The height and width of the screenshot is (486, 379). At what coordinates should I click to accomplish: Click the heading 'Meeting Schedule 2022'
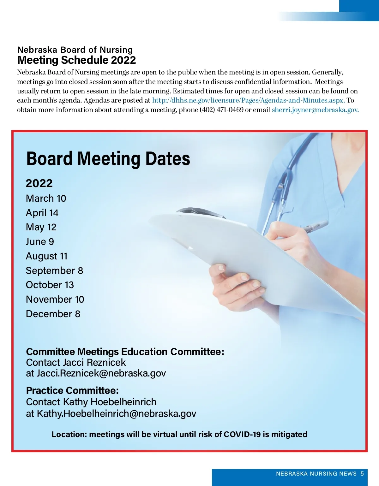coord(76,60)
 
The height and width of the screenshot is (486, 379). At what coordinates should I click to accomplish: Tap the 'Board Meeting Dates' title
coord(108,158)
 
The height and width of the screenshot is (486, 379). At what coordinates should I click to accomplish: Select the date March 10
coord(46,199)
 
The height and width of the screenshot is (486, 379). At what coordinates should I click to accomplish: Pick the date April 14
coord(42,213)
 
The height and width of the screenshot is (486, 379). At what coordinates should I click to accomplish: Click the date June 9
coord(40,242)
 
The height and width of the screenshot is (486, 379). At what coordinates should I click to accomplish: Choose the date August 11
coord(47,256)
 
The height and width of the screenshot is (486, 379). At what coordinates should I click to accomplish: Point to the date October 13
coord(50,285)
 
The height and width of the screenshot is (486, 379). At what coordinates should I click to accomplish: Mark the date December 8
coord(53,314)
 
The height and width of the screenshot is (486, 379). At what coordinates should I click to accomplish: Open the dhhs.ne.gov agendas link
coord(248,100)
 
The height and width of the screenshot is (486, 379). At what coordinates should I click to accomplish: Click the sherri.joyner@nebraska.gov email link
coord(315,110)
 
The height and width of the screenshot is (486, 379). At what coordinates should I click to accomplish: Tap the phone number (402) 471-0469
coord(221,110)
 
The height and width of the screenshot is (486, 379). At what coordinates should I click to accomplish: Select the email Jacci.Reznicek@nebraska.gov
coord(101,373)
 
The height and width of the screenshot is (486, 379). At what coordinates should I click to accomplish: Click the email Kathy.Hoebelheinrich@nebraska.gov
coord(117,414)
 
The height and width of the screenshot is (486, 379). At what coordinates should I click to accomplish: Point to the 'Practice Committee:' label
coord(72,391)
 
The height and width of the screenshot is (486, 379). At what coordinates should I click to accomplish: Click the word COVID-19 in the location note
coord(242,435)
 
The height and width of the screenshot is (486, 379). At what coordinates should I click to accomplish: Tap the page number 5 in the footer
coord(362,474)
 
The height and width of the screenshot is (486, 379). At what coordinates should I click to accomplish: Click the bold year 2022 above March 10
coord(39,183)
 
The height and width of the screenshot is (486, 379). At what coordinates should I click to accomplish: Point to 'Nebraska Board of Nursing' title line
coord(75,50)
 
